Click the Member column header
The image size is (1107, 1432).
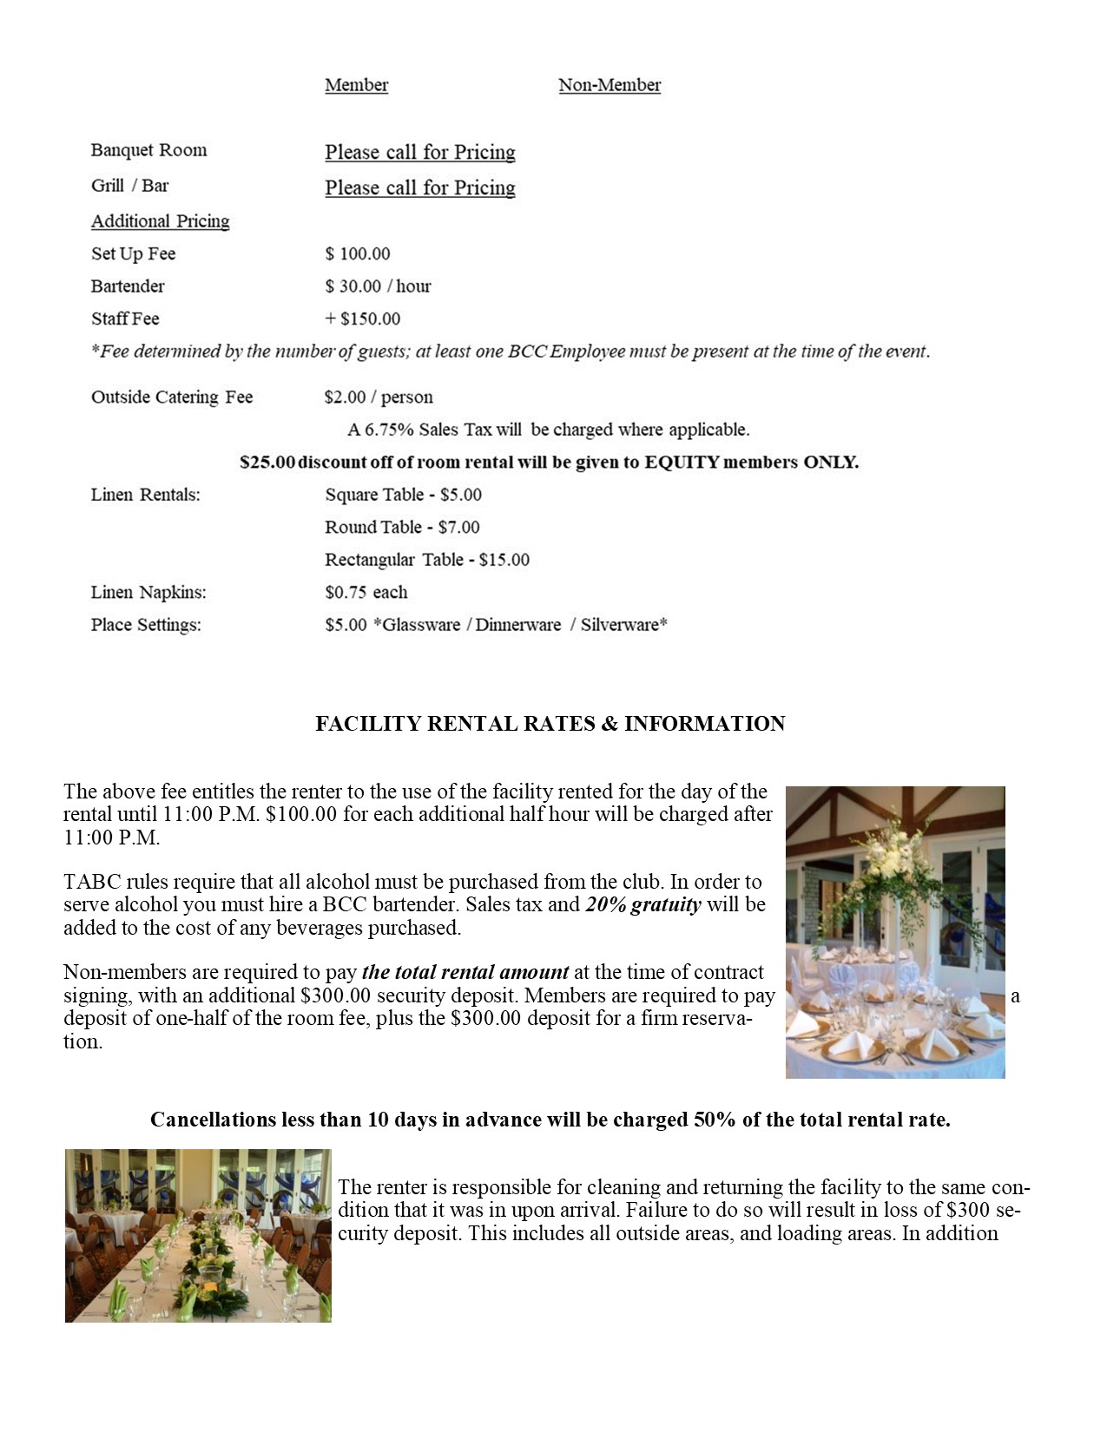356,85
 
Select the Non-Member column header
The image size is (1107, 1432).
610,85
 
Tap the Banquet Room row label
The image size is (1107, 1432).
148,150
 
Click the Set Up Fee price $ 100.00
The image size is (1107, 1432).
357,254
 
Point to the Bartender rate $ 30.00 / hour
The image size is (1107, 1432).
378,286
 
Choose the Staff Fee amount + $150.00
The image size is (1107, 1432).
362,319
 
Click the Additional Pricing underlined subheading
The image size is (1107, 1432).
161,221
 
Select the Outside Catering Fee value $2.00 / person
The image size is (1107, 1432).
378,397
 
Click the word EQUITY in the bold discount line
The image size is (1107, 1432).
682,462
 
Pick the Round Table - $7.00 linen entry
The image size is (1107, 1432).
402,527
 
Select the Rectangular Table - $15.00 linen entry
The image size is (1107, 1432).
426,560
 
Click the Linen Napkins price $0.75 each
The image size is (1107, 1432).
366,593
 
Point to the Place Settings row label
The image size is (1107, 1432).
146,625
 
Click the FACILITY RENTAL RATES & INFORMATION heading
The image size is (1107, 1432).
550,724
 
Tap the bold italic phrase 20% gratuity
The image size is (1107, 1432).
642,904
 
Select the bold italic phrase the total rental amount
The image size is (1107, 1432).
465,972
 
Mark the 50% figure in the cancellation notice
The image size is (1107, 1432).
715,1120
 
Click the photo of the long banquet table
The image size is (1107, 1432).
198,1236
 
